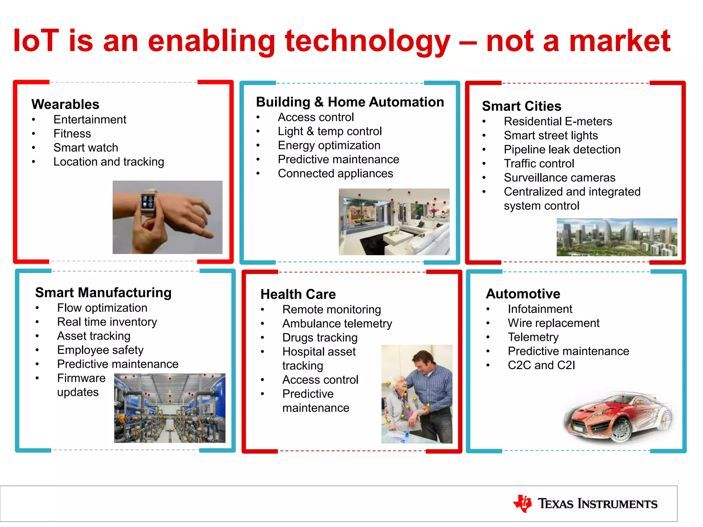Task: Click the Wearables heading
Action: click(65, 104)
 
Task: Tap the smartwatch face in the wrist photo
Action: click(148, 202)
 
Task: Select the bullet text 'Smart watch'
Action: click(86, 148)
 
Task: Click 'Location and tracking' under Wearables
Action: click(108, 162)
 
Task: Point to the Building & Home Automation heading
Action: click(350, 102)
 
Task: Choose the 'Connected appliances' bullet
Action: click(335, 174)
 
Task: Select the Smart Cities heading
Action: click(521, 106)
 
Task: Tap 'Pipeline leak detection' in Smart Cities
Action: click(562, 150)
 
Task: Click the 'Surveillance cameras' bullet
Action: click(560, 178)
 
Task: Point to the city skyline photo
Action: click(616, 237)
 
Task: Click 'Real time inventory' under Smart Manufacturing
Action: click(107, 322)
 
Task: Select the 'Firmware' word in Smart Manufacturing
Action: click(81, 378)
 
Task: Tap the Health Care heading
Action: click(298, 294)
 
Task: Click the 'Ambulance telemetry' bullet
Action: click(337, 324)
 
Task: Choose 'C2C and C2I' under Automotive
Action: click(541, 365)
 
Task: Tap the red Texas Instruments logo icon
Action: click(522, 503)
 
